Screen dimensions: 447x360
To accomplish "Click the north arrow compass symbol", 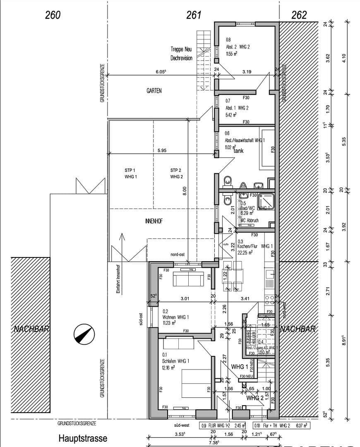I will [84, 334].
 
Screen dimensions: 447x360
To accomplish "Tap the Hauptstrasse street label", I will [83, 438].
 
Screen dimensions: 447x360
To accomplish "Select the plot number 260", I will [53, 15].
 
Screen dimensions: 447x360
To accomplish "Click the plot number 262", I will [299, 15].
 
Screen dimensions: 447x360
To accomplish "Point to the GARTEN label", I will [154, 91].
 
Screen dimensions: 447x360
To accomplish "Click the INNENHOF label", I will [154, 221].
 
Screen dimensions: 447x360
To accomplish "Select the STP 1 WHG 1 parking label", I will [130, 173].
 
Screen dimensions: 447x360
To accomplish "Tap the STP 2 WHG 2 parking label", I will [176, 173].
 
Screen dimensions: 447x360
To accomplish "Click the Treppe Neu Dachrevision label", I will [181, 54].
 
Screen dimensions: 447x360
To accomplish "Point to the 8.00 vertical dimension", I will [185, 190].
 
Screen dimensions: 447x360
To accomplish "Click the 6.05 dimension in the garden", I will [161, 72].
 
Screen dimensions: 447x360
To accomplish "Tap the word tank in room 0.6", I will [239, 151].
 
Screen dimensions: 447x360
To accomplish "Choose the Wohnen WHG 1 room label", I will [175, 317].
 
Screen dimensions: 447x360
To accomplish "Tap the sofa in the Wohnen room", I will [188, 279].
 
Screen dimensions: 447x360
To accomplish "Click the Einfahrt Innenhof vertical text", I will [118, 279].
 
